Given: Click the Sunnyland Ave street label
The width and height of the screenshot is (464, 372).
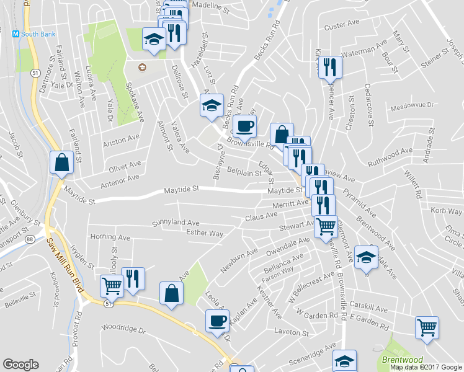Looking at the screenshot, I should (176, 222).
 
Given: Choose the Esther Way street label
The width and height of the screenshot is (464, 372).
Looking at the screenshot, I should (204, 233).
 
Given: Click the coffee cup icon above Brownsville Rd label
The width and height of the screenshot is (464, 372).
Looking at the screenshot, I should (246, 126).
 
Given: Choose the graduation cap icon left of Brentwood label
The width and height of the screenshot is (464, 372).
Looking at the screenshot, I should (344, 360).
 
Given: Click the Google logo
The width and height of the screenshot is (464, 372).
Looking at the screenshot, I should (20, 365).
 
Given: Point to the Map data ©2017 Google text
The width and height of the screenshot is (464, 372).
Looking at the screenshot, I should (426, 367).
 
